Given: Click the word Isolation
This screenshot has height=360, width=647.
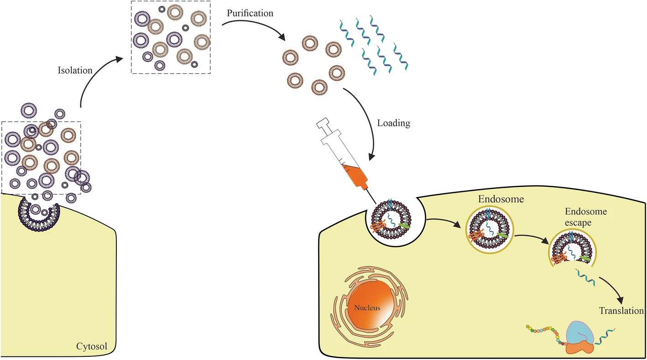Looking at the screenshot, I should click(75, 70).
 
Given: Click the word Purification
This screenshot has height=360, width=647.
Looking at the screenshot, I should click(250, 13).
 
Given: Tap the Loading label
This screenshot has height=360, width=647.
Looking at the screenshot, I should click(393, 123).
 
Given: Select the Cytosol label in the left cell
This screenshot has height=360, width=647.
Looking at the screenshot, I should click(92, 347).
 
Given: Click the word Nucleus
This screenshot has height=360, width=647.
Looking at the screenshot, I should click(367, 308).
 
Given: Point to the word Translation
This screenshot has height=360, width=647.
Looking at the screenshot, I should click(621, 311).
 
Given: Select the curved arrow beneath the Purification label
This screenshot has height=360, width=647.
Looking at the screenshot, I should click(256, 27).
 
